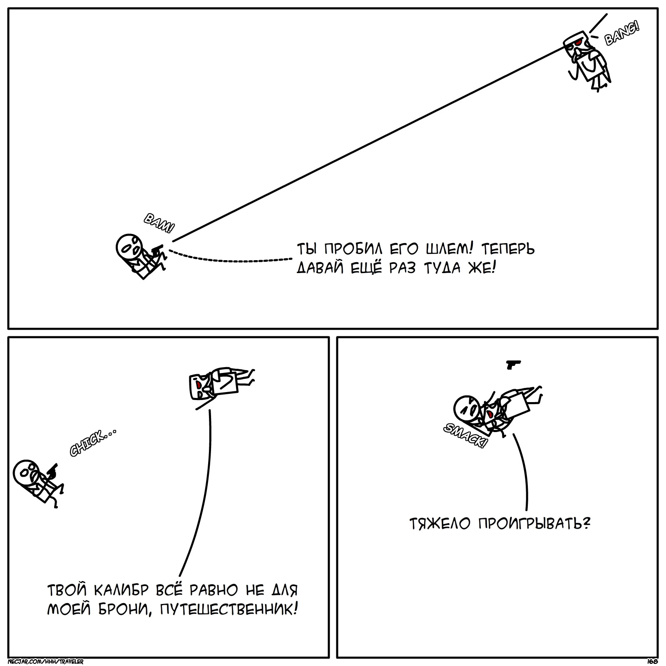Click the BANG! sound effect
click(621, 34)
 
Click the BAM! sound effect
click(159, 225)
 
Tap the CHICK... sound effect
click(92, 444)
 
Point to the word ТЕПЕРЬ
click(508, 249)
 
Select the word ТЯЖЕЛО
click(441, 523)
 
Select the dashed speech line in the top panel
click(231, 259)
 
